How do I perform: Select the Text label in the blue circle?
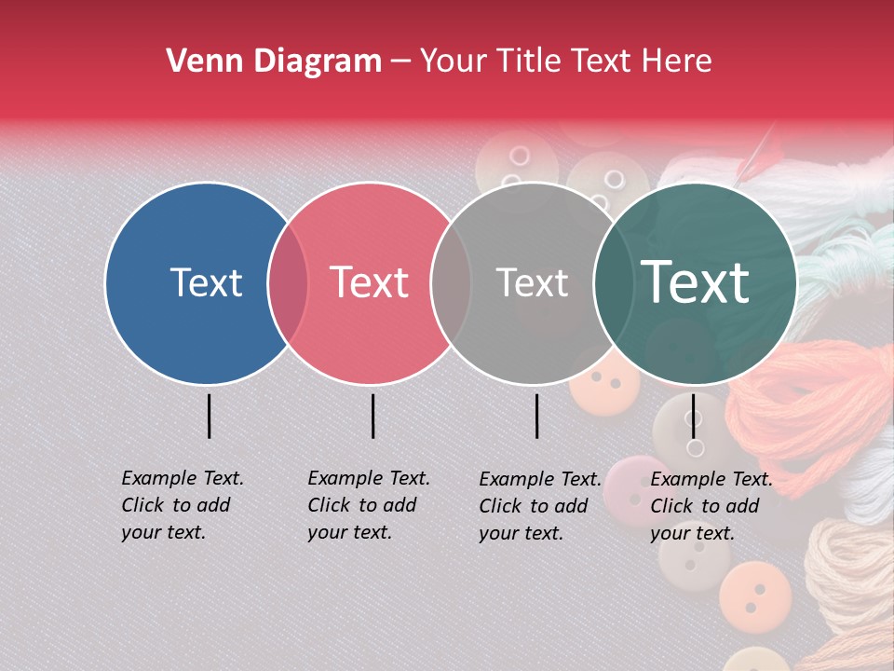pyautogui.click(x=206, y=282)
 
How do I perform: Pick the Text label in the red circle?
pyautogui.click(x=369, y=282)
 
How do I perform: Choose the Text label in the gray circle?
pyautogui.click(x=532, y=282)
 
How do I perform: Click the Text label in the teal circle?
pyautogui.click(x=695, y=282)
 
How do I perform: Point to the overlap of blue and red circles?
pyautogui.click(x=289, y=282)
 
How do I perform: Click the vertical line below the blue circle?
pyautogui.click(x=209, y=416)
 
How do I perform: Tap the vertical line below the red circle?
pyautogui.click(x=372, y=416)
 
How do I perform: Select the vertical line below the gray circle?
pyautogui.click(x=536, y=416)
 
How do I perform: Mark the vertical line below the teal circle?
pyautogui.click(x=693, y=416)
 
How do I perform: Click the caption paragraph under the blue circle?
pyautogui.click(x=182, y=505)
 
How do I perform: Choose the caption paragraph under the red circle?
pyautogui.click(x=368, y=505)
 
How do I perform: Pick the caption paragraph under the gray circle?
pyautogui.click(x=539, y=506)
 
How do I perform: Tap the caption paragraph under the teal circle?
pyautogui.click(x=711, y=506)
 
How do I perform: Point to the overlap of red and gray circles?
pyautogui.click(x=451, y=282)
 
